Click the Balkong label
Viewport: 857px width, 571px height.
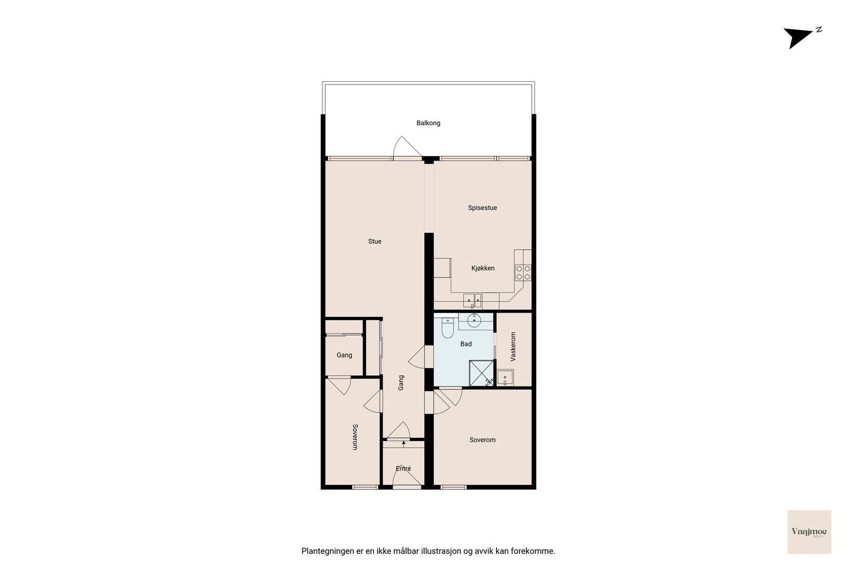[x=428, y=123]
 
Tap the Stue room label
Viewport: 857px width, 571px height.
[x=374, y=241]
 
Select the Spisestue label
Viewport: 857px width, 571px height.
[x=483, y=208]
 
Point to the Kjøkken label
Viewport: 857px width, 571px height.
[x=483, y=268]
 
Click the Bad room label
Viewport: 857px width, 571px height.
[x=466, y=344]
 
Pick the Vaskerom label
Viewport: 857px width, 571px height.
[x=513, y=347]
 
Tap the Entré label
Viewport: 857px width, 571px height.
[x=403, y=469]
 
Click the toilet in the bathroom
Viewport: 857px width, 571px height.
[x=448, y=328]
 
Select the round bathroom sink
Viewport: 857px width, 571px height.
[x=475, y=321]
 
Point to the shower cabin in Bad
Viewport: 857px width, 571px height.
[x=482, y=373]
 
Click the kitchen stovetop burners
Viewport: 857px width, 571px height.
[x=523, y=273]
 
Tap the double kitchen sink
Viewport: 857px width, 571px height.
[x=472, y=301]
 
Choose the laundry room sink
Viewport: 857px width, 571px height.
[x=505, y=378]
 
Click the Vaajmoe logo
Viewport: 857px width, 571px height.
[x=809, y=531]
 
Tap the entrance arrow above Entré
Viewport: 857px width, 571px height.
[x=403, y=443]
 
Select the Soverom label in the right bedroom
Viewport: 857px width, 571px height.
[x=482, y=440]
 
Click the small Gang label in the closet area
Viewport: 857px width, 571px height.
[x=344, y=355]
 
